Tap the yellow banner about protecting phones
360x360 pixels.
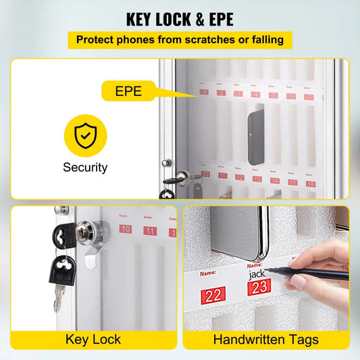pyautogui.click(x=180, y=40)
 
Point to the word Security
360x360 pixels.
pyautogui.click(x=85, y=168)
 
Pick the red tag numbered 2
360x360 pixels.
pyautogui.click(x=221, y=93)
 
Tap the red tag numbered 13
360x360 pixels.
pyautogui.click(x=257, y=179)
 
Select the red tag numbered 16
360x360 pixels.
pyautogui.click(x=310, y=183)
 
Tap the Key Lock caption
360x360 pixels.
pyautogui.click(x=93, y=338)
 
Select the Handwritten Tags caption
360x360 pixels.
pyautogui.click(x=266, y=338)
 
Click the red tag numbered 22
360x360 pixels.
pyautogui.click(x=214, y=294)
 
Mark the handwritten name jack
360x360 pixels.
pyautogui.click(x=257, y=274)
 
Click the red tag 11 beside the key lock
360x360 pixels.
pyautogui.click(x=150, y=230)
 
